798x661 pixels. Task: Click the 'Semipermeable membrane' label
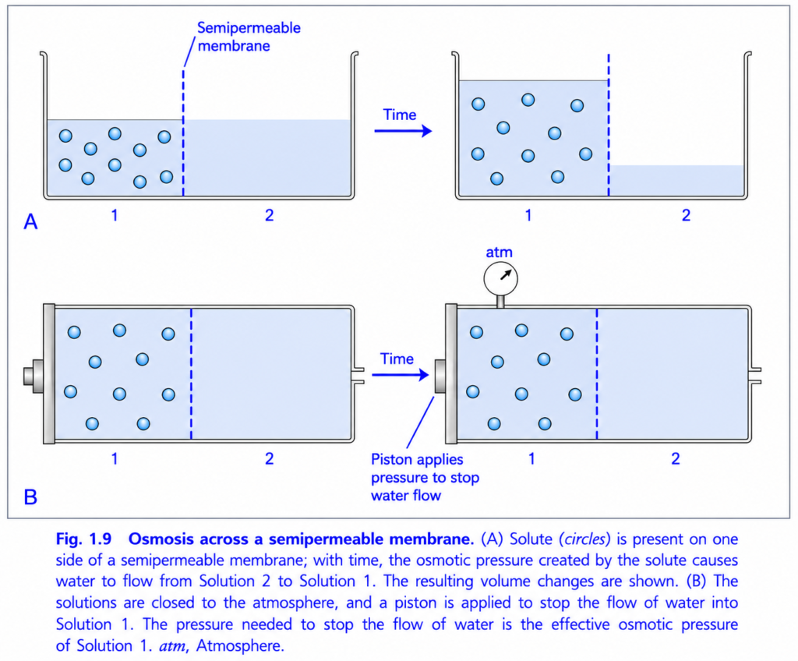[249, 37]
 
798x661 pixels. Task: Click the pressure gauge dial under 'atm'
[500, 278]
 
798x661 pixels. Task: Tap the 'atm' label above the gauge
[499, 252]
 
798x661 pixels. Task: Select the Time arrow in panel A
[403, 132]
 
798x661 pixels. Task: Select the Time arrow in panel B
[400, 375]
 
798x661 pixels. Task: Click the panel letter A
[30, 222]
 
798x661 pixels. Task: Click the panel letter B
[30, 497]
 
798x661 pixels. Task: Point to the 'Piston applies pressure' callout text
[425, 477]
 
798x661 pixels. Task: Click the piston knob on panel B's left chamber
[34, 376]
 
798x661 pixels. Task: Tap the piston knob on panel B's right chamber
[440, 376]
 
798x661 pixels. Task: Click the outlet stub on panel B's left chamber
[358, 375]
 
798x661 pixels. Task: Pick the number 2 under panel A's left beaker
[269, 215]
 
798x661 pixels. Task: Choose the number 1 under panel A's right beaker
[528, 215]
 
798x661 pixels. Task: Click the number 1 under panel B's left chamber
[115, 459]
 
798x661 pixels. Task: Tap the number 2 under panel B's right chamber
[676, 459]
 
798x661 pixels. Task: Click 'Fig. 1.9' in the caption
[83, 539]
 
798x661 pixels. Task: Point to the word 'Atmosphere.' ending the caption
[240, 645]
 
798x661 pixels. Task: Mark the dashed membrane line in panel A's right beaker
[609, 125]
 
